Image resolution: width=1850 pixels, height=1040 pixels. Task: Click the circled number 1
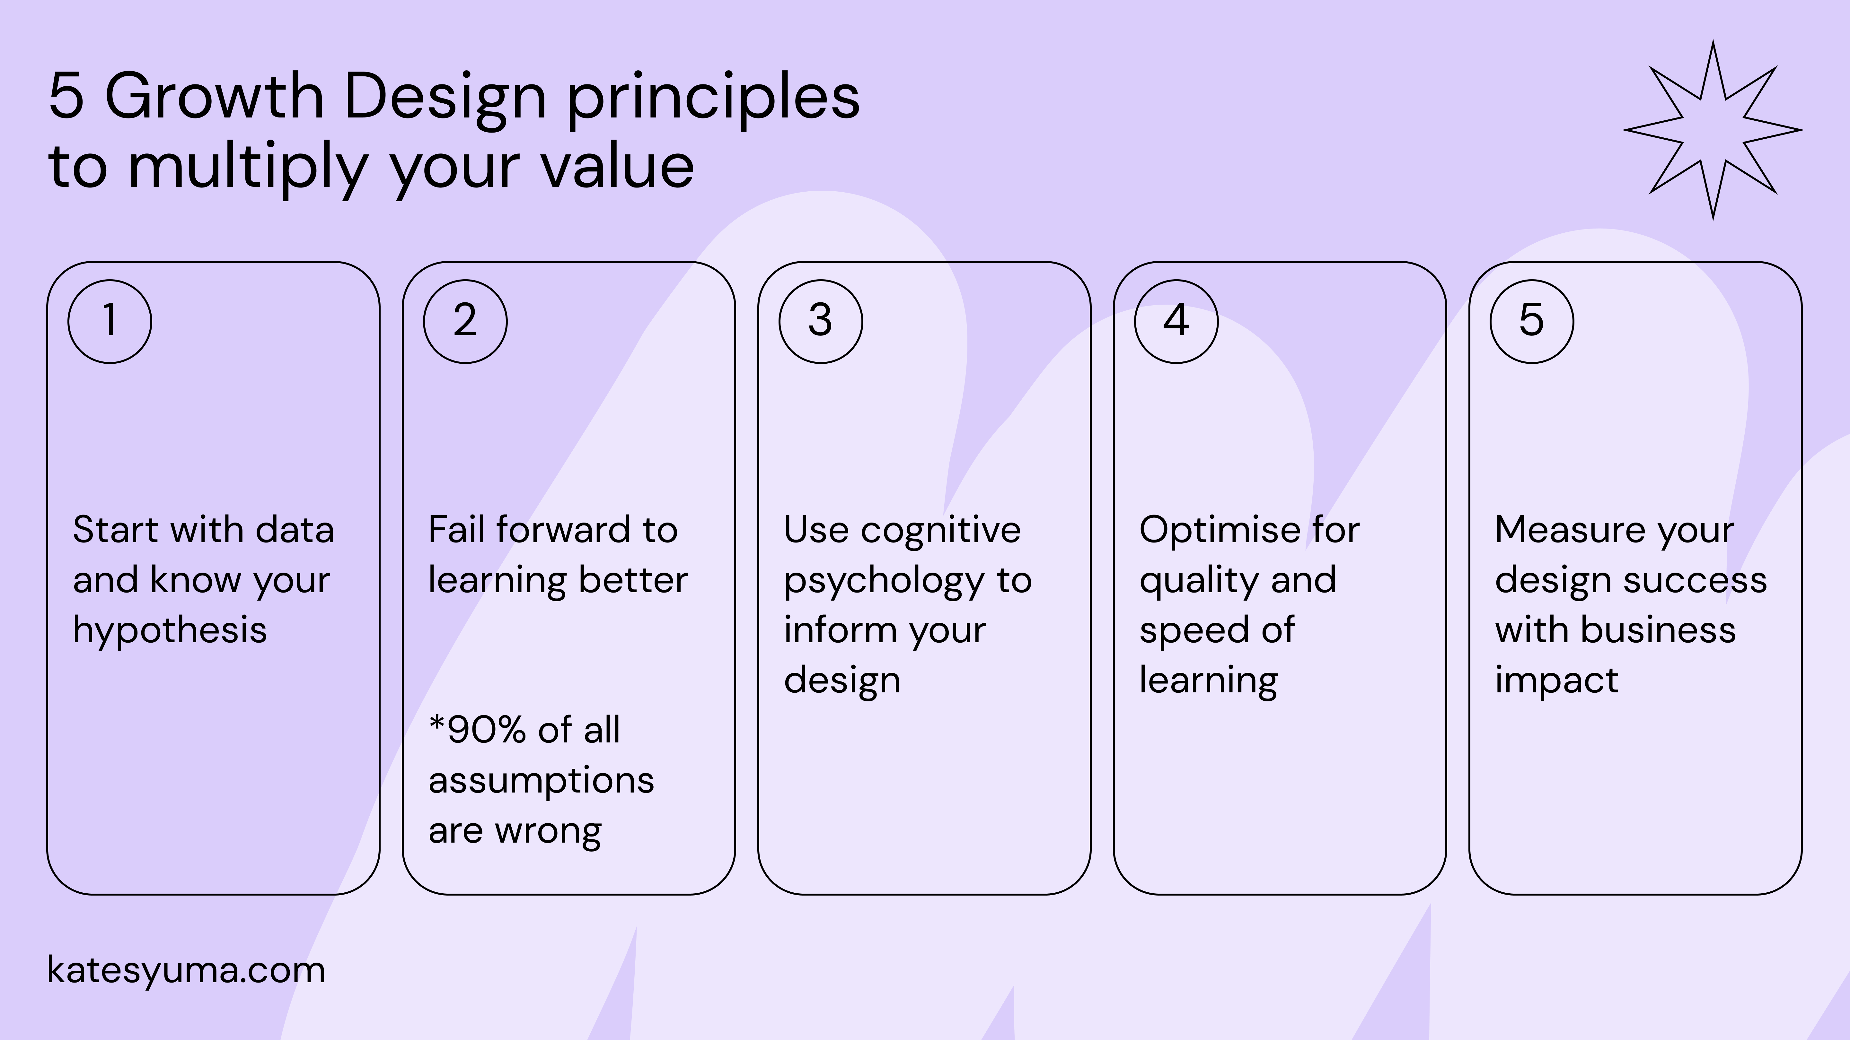110,321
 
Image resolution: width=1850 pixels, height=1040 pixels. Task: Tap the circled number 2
465,321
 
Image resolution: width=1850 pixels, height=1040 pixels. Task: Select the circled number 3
821,321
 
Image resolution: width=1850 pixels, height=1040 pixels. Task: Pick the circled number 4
1176,321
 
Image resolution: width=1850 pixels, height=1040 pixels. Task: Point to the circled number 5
1532,321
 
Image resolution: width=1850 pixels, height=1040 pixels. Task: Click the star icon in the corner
1713,130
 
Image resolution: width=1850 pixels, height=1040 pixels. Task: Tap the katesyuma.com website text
186,970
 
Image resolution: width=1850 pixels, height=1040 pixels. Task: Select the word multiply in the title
248,169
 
